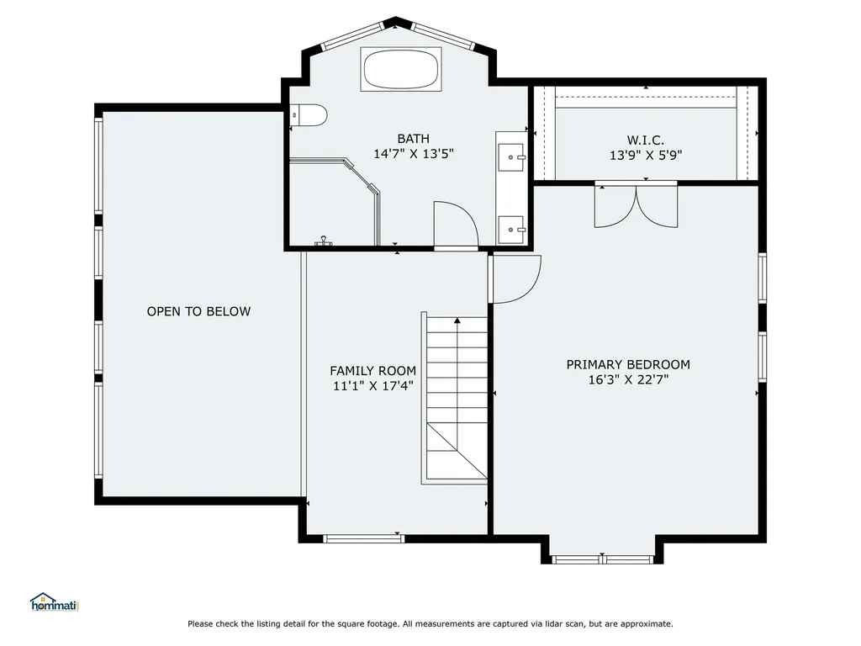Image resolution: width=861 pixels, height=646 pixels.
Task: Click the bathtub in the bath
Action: tap(401, 69)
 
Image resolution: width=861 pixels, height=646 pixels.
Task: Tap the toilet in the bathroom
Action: tap(309, 115)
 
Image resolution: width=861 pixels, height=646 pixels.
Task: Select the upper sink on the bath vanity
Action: tap(511, 157)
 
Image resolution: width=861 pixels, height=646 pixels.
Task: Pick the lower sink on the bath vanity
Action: tap(511, 230)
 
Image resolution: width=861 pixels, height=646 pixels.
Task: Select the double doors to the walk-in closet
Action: tap(636, 207)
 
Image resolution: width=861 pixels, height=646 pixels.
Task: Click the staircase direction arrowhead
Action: tap(457, 320)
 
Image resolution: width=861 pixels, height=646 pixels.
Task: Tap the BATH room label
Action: tap(414, 139)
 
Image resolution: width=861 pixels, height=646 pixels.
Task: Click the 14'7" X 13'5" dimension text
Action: tap(414, 154)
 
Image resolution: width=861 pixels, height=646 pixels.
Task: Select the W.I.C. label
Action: tap(646, 140)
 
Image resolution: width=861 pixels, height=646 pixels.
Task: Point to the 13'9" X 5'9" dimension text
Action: tap(646, 156)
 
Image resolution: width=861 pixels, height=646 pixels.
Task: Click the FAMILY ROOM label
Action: tap(372, 371)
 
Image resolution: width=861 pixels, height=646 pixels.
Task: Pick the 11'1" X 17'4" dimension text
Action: tap(372, 386)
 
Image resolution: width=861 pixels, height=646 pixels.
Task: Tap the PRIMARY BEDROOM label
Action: tap(628, 365)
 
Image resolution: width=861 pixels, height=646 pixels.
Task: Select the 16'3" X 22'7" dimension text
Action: tap(628, 379)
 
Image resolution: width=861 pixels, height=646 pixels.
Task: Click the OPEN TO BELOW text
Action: tap(198, 311)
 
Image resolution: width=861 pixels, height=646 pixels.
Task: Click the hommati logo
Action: tap(55, 602)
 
